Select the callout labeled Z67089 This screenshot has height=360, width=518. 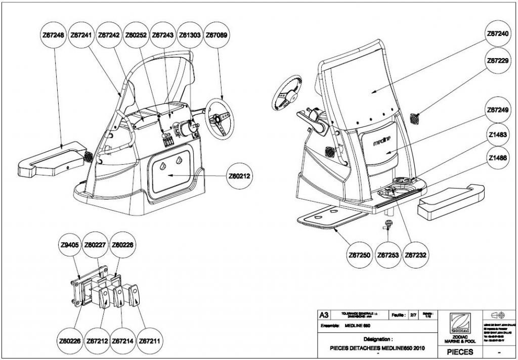217,35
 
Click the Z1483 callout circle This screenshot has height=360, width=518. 497,136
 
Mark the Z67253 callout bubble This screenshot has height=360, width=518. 388,255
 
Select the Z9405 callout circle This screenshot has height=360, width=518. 69,246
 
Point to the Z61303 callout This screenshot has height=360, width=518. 190,35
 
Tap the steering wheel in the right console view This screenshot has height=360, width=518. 287,94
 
